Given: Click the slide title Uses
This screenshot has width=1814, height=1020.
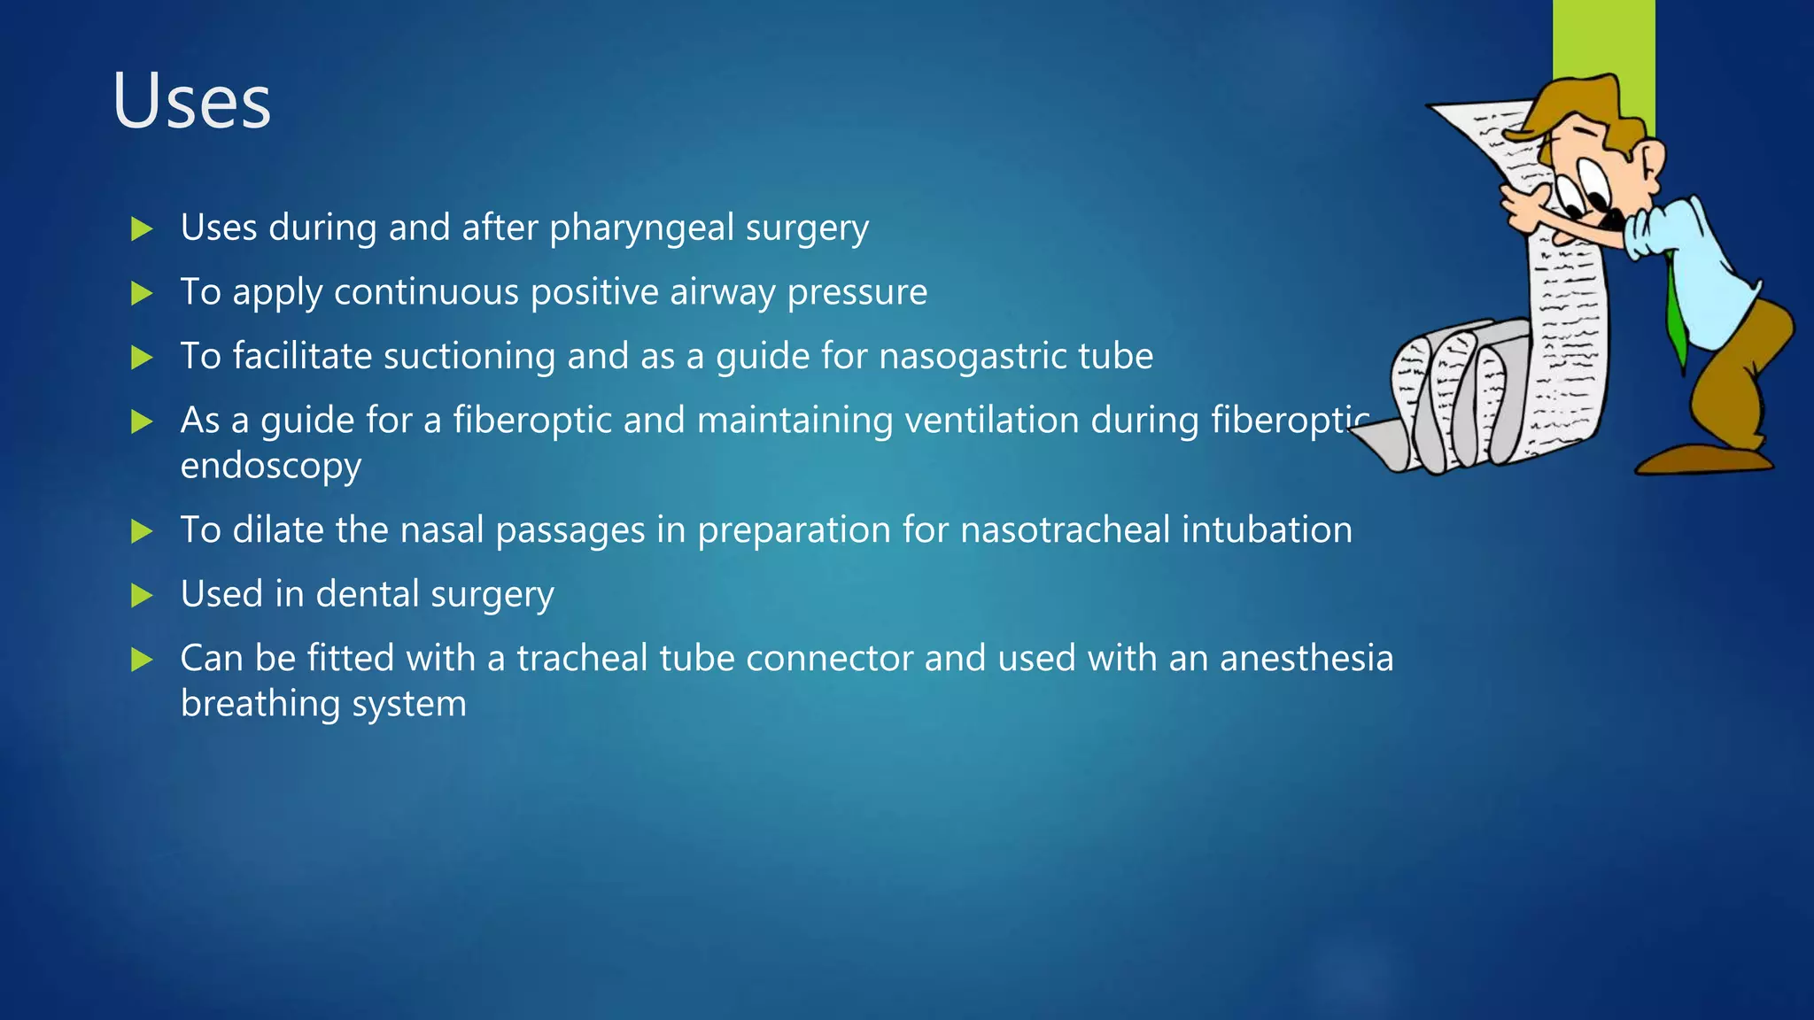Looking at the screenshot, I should point(191,102).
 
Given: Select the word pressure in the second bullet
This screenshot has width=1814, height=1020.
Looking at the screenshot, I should point(857,293).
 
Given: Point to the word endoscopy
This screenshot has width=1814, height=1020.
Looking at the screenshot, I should point(270,467).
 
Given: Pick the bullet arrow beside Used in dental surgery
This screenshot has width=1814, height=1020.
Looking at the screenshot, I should point(142,595).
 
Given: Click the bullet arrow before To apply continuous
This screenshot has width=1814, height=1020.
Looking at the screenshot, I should point(142,293).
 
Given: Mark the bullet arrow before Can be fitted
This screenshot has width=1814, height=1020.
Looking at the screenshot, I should point(142,660).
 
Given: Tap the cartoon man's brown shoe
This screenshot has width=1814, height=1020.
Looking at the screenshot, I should point(1701,460).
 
